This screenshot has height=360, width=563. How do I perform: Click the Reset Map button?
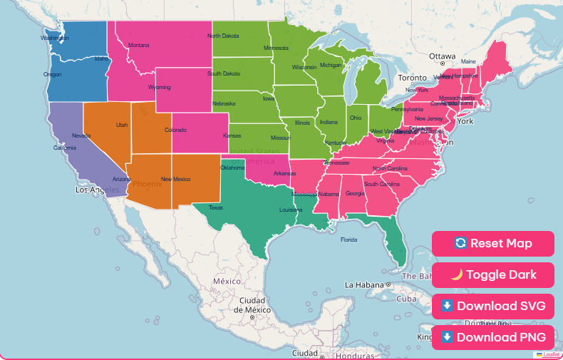(492, 244)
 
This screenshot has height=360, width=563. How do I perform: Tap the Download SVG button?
(492, 307)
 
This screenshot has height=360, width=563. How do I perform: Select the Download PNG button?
(492, 337)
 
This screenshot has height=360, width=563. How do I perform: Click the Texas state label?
(215, 208)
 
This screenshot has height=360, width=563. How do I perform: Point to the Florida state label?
(348, 240)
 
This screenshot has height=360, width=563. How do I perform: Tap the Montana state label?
(139, 46)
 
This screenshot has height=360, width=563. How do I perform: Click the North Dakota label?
(223, 36)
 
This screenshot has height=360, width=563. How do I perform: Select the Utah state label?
(122, 125)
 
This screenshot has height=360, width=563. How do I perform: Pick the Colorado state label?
(175, 130)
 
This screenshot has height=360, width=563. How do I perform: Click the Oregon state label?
(52, 74)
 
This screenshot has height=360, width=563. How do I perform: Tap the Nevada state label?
(81, 135)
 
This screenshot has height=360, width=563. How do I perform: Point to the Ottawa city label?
(442, 56)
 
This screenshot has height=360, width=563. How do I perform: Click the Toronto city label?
(412, 78)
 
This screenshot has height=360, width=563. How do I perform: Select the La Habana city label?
(363, 284)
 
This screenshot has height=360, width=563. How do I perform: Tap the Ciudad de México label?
(254, 305)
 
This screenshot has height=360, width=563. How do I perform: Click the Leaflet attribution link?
(551, 354)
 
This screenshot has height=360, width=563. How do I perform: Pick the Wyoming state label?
(159, 87)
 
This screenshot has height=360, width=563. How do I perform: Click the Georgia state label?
(355, 193)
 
